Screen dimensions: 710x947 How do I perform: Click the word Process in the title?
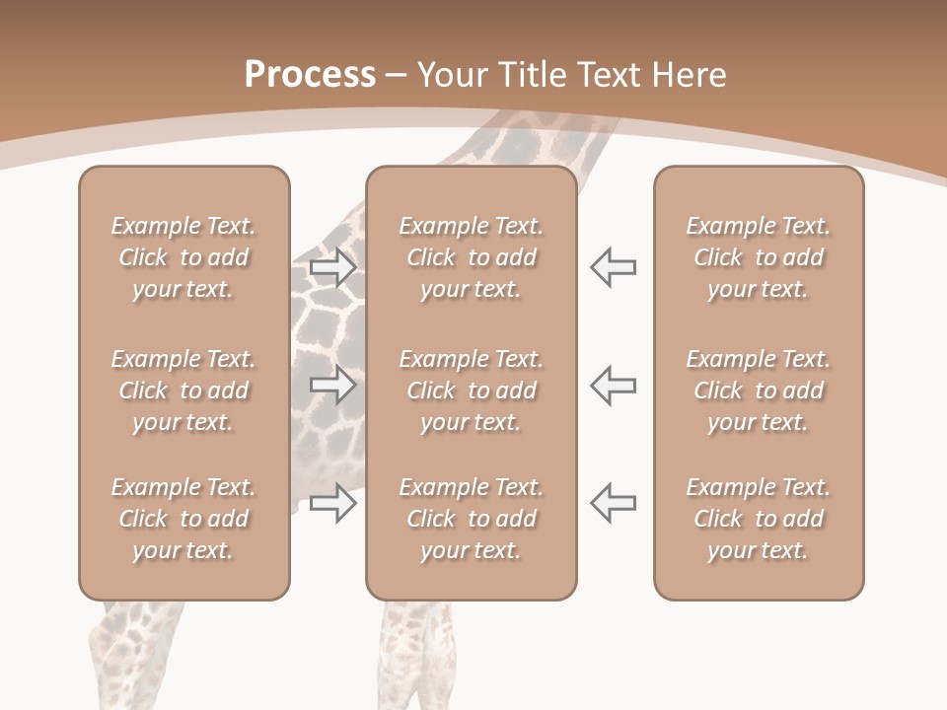point(310,75)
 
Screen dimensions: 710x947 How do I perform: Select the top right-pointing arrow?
point(332,268)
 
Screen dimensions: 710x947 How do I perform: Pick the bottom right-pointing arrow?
point(332,503)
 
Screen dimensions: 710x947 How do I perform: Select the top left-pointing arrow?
point(614,267)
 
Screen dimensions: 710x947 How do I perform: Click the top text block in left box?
point(183,257)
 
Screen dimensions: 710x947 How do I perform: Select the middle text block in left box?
point(183,390)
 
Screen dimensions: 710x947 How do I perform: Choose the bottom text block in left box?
point(183,519)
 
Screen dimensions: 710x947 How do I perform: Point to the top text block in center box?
point(472,257)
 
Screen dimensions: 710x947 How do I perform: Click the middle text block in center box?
point(472,390)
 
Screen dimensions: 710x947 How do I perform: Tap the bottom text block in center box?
point(472,519)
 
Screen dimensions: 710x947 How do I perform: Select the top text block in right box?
point(759,257)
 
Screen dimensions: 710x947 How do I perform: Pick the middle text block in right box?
point(759,390)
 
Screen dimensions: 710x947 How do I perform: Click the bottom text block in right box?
point(759,519)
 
